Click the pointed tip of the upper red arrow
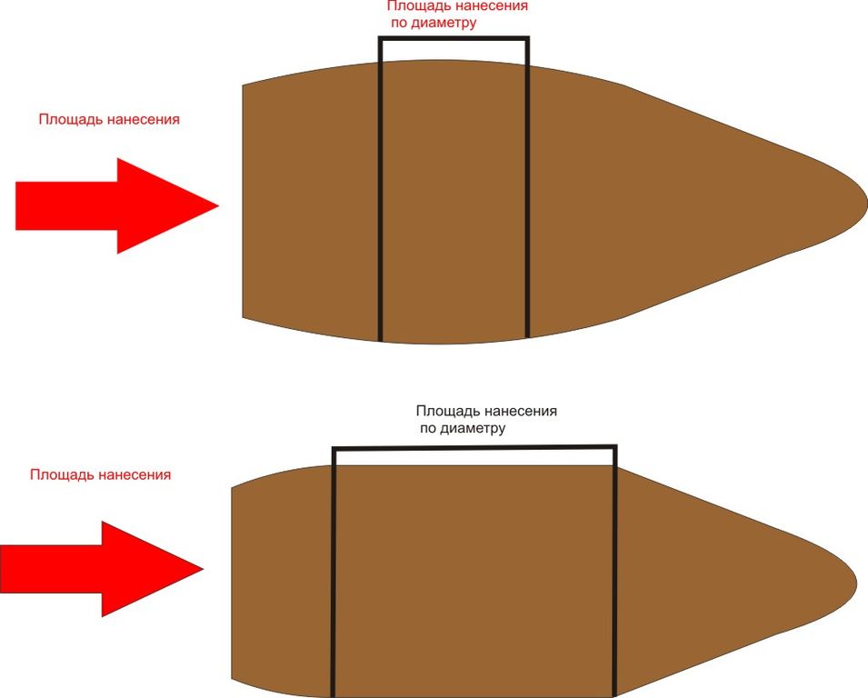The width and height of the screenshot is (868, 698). (x=216, y=206)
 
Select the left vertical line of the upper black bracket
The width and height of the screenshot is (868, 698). (x=380, y=191)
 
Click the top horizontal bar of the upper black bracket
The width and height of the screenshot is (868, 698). (x=454, y=38)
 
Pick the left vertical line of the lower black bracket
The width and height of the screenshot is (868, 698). (x=334, y=573)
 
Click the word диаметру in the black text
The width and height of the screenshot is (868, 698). (x=473, y=427)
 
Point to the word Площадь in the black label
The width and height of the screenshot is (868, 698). (x=444, y=411)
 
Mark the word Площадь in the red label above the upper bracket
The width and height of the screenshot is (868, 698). (x=416, y=6)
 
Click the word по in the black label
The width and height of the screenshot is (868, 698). (x=427, y=427)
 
